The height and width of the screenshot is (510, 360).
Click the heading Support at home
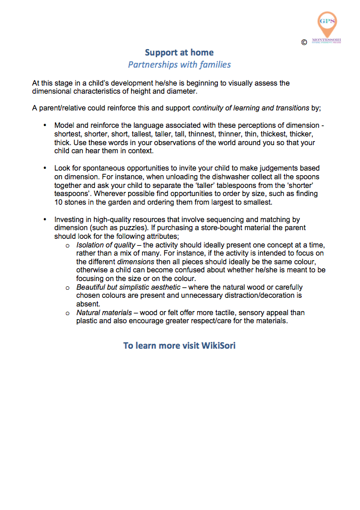179,53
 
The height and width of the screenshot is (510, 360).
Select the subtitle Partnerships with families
179,64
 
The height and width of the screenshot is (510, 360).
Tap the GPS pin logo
326,24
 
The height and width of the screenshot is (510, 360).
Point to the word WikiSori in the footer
218,346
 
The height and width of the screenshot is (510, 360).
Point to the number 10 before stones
58,202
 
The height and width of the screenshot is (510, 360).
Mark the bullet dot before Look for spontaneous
45,168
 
